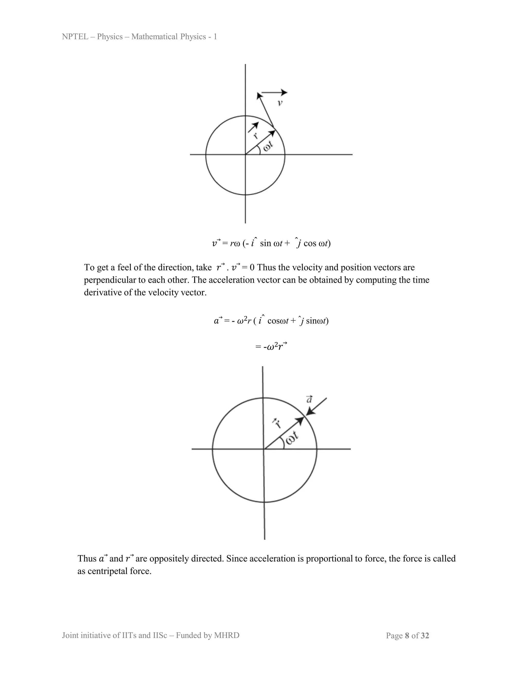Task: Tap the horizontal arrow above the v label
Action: (x=274, y=92)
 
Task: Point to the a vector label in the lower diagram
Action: (x=309, y=399)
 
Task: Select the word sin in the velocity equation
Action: (x=265, y=243)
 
